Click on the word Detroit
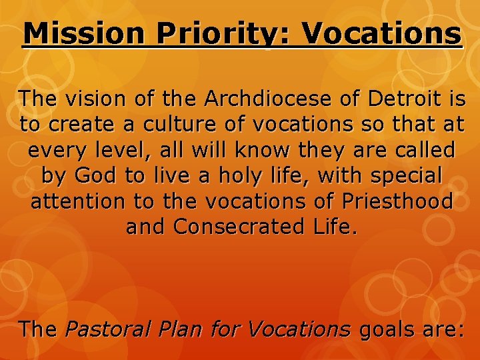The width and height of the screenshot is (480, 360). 407,99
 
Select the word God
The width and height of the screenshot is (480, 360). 91,175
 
